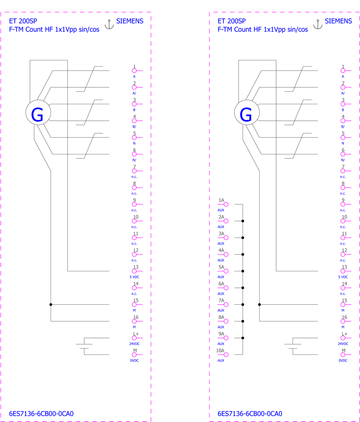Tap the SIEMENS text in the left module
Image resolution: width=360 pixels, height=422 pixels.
tap(129, 21)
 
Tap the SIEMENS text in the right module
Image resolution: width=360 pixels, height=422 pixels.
tap(338, 21)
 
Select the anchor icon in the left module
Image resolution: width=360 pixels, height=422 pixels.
tap(109, 24)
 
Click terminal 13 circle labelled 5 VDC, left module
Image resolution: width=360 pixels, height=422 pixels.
tap(134, 271)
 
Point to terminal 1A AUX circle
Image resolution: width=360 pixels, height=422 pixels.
tap(226, 204)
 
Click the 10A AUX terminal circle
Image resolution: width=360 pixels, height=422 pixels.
tap(226, 355)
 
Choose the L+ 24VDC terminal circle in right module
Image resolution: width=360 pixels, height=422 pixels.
tap(343, 338)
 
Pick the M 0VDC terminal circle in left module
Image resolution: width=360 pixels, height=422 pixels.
tap(134, 355)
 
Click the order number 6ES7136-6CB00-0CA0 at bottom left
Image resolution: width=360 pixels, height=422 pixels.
tap(41, 414)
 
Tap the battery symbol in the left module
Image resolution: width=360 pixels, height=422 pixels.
tap(84, 346)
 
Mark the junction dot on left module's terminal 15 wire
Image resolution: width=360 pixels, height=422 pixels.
tap(51, 304)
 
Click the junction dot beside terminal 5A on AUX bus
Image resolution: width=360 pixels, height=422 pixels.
tap(243, 271)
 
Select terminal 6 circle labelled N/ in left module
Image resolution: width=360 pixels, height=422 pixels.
tap(134, 154)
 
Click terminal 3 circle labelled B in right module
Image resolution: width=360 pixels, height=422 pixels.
tap(343, 104)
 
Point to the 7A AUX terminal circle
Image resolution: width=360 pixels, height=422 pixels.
tap(226, 304)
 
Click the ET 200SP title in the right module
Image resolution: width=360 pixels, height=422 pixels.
tap(231, 21)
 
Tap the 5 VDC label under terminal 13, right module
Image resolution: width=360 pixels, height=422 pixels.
tap(343, 277)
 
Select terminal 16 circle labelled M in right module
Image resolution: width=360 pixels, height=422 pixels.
tap(343, 321)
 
